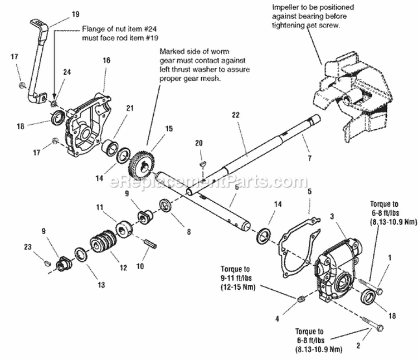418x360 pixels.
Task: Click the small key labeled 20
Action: coord(203,164)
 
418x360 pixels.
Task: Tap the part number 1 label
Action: coord(390,257)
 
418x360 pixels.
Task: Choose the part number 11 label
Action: coord(100,207)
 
